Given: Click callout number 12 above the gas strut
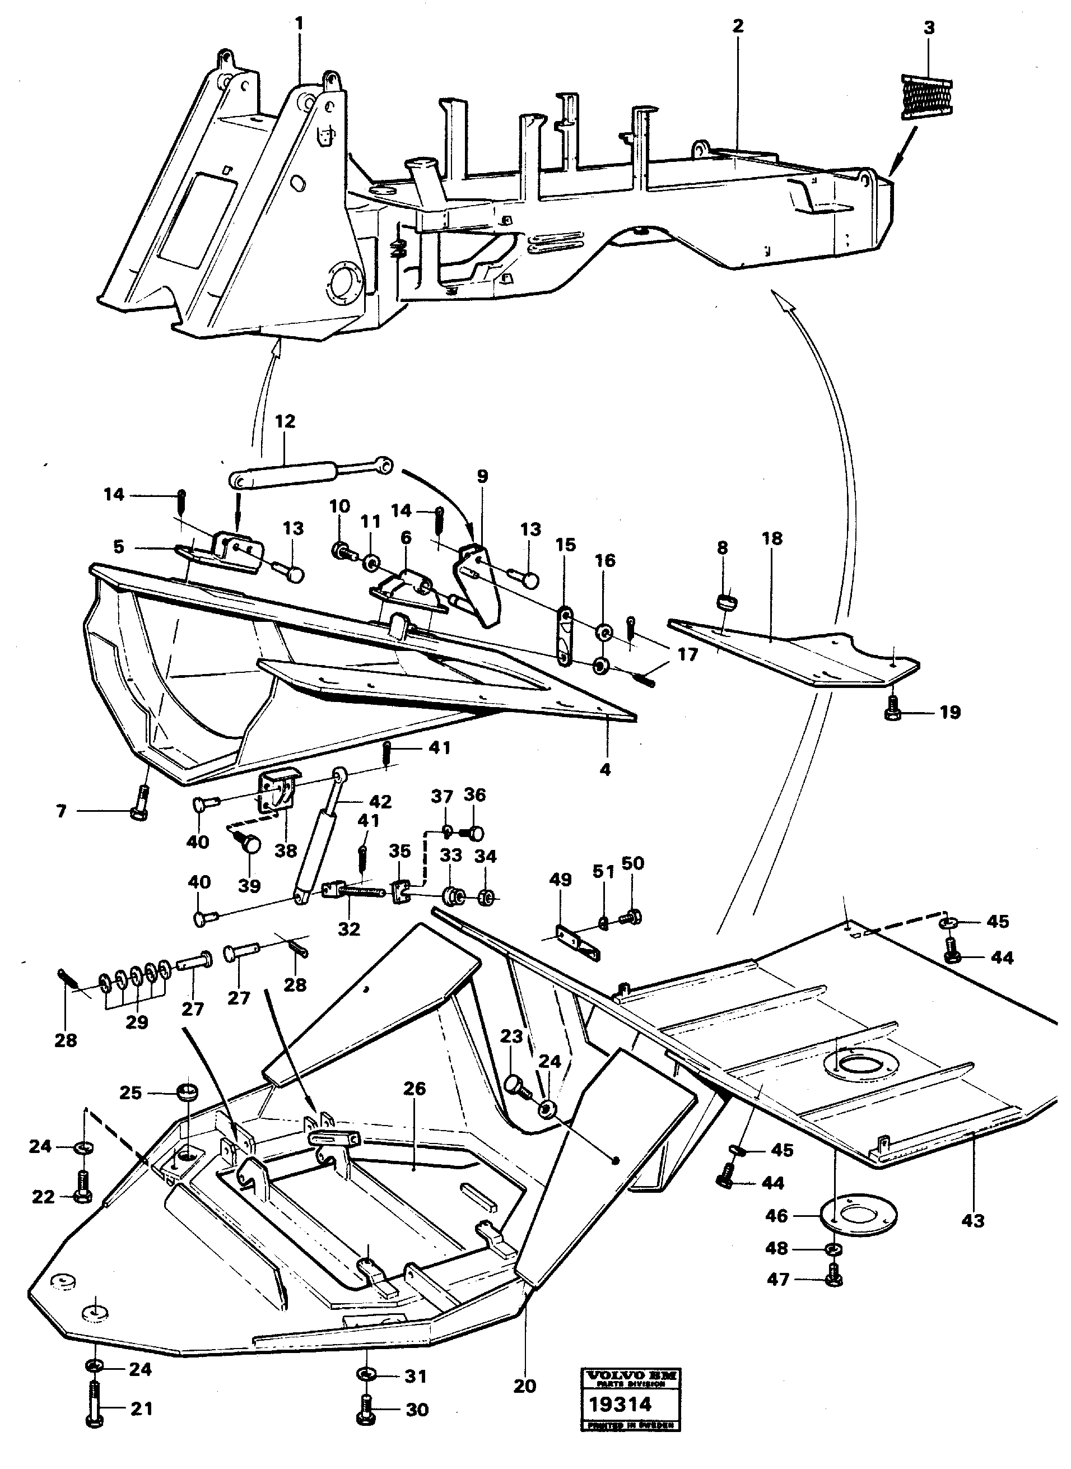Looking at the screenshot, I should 285,421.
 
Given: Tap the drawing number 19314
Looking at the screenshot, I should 620,1404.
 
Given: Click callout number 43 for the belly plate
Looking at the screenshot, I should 972,1221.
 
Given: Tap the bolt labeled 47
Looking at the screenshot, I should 835,1280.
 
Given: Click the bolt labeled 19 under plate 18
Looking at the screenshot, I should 893,709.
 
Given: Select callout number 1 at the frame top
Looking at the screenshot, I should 299,24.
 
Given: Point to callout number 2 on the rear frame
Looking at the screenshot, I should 738,26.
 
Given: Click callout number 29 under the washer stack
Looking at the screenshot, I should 137,1022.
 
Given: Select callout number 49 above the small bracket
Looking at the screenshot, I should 560,880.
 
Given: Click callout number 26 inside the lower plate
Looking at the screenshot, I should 415,1089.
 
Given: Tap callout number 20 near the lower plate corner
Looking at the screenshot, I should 524,1386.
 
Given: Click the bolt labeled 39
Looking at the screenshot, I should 250,845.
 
